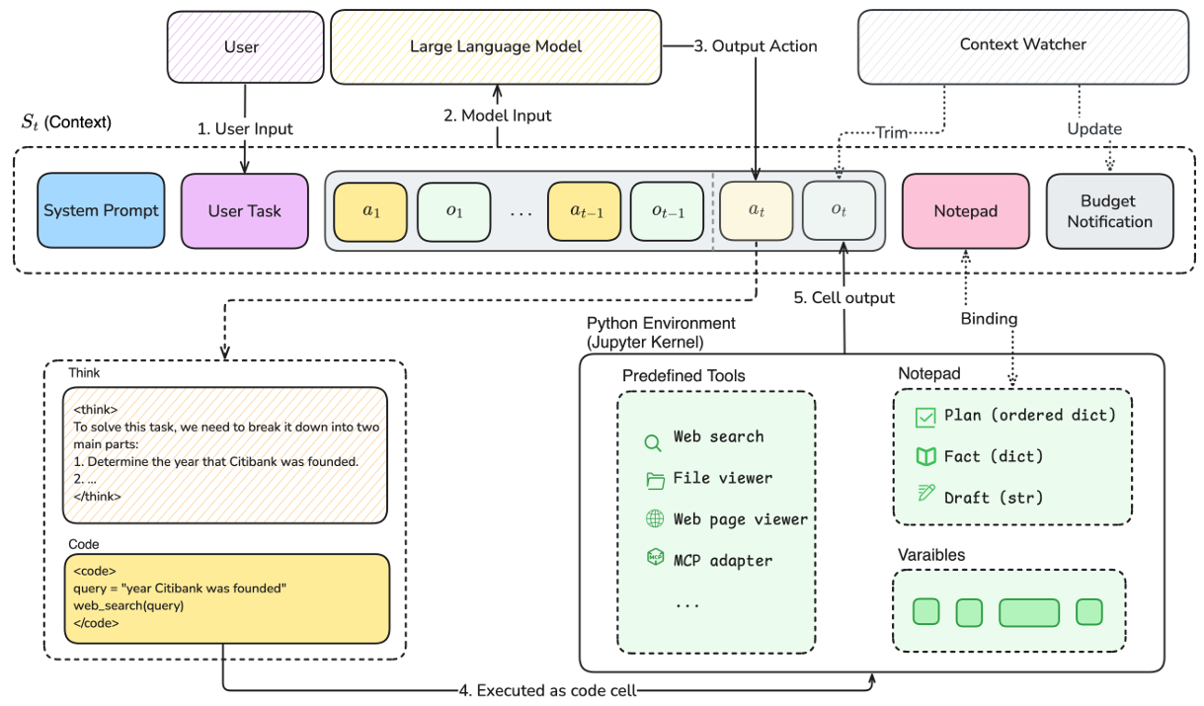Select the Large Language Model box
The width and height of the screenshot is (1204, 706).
pyautogui.click(x=496, y=46)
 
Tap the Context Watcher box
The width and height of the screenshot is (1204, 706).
pyautogui.click(x=1022, y=45)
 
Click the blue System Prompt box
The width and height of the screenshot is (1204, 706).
pyautogui.click(x=101, y=210)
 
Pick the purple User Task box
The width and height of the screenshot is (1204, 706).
pyautogui.click(x=244, y=210)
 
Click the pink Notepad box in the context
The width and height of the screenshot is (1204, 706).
pyautogui.click(x=964, y=210)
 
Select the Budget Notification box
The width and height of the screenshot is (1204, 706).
pyautogui.click(x=1109, y=210)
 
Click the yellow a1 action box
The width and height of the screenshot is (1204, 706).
pyautogui.click(x=370, y=211)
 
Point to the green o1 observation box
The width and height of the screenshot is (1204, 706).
pyautogui.click(x=454, y=211)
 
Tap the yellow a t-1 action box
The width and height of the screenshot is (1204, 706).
pyautogui.click(x=585, y=211)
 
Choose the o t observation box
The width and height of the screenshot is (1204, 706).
pyautogui.click(x=839, y=211)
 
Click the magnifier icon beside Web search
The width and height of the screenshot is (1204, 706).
pyautogui.click(x=653, y=443)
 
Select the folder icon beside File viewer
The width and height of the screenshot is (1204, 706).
pyautogui.click(x=654, y=480)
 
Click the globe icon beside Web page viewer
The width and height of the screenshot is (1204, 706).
pyautogui.click(x=654, y=519)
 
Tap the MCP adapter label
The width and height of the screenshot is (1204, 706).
pyautogui.click(x=722, y=560)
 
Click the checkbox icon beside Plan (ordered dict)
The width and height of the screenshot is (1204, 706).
pyautogui.click(x=924, y=417)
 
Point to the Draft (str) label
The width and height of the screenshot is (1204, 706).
pyautogui.click(x=993, y=497)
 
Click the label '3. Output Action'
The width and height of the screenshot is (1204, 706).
pyautogui.click(x=755, y=46)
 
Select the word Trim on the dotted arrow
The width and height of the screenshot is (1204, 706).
pyautogui.click(x=892, y=132)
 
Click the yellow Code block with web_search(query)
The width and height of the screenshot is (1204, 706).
pyautogui.click(x=225, y=597)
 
